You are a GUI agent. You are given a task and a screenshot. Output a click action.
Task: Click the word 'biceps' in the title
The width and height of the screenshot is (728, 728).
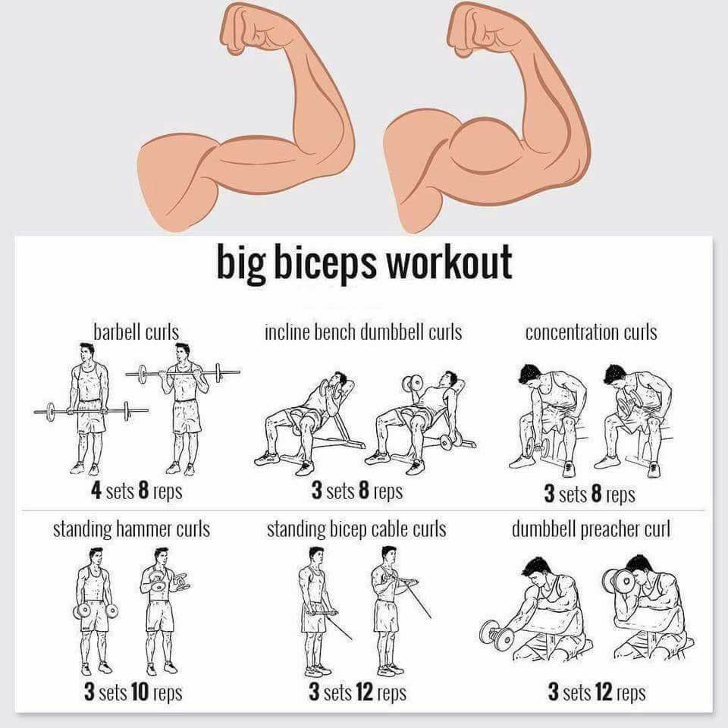pos(325,263)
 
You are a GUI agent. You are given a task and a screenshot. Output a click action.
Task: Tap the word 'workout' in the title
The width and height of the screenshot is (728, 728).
pos(450,262)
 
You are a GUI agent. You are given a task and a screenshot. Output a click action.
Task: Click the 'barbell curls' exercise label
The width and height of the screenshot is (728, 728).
pos(136,332)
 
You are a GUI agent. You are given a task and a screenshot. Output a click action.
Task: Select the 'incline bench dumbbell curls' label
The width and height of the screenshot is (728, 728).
pos(363,332)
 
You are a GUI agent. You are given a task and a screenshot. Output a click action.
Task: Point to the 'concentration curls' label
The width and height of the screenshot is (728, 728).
pos(591,332)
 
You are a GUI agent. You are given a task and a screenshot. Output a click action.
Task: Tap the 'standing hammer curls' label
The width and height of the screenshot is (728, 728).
pos(131,529)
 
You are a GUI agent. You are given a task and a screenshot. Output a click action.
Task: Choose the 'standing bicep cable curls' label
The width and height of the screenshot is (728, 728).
pos(356,529)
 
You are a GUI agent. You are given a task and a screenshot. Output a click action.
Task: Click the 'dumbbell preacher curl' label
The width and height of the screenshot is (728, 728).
pos(591,529)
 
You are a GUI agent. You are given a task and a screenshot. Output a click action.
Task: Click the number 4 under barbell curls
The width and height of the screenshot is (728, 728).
pos(96,491)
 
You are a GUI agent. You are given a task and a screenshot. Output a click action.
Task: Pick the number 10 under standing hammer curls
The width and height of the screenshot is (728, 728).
pos(140,692)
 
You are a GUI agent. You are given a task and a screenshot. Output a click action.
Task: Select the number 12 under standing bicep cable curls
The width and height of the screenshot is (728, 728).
pos(365,692)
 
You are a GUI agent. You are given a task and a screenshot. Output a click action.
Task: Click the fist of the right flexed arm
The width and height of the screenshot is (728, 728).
pos(472,27)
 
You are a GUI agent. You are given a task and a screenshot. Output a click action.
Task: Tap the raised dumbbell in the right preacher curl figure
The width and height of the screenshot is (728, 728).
pos(617,580)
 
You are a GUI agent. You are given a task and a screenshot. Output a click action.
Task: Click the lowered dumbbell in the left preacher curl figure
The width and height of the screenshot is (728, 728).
pos(497,635)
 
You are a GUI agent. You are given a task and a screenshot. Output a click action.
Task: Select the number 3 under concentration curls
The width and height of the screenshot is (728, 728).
pos(549,493)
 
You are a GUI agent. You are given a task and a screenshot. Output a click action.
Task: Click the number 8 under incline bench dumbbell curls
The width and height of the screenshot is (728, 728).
pos(364,491)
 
